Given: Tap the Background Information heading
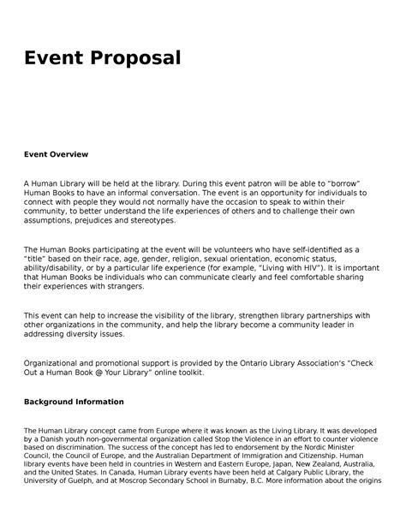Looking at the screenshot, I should (74, 402).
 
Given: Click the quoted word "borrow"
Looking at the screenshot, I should (347, 184).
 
